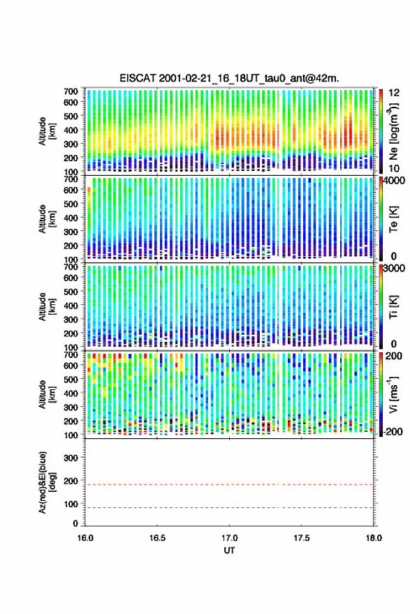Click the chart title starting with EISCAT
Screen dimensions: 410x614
229,78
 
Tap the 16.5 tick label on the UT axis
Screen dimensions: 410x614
157,538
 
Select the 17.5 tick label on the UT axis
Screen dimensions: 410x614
302,538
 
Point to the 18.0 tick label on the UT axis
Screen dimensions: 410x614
374,538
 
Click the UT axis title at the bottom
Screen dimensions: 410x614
229,551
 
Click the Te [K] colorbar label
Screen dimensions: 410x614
393,219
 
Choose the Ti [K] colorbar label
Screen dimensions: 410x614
393,306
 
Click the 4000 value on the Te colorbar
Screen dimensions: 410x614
394,181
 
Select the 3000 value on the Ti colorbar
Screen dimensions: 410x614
394,268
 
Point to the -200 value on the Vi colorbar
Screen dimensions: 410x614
393,431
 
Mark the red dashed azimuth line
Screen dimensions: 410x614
229,484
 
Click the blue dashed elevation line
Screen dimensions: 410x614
229,507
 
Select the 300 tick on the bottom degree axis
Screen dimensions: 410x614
71,458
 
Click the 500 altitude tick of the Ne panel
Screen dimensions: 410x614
71,116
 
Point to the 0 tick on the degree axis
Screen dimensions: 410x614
75,523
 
